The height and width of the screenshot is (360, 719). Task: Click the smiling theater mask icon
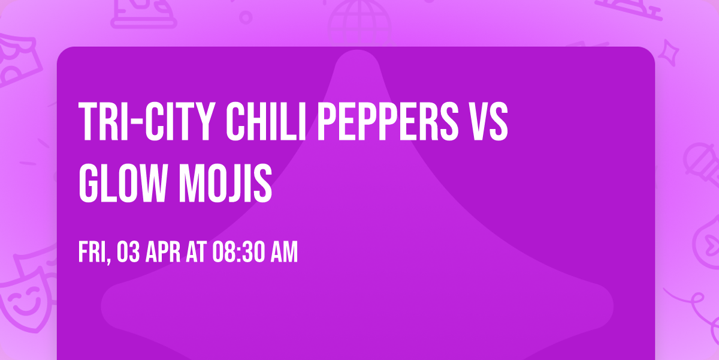coord(24,300)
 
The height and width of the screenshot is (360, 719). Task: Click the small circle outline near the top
coord(246,17)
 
